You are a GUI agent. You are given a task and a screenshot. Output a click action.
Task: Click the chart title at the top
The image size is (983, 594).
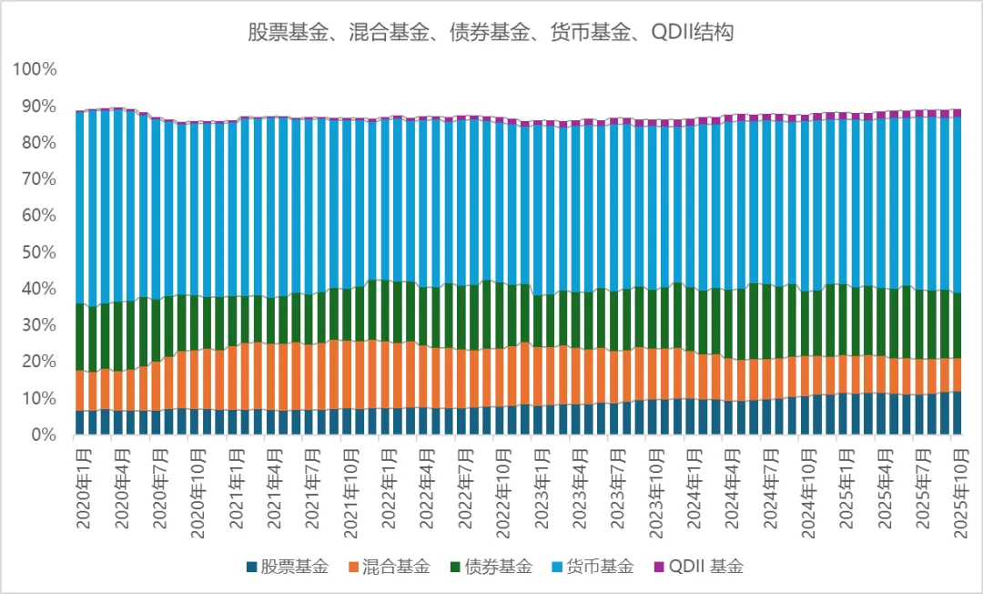491,34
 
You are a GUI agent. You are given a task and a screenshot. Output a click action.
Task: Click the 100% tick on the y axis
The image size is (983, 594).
35,69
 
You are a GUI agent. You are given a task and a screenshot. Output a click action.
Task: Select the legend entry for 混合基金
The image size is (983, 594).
389,567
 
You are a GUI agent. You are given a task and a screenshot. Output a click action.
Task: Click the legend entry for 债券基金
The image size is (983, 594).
491,567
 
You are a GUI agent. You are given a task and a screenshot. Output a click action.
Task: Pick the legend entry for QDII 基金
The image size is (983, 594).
698,567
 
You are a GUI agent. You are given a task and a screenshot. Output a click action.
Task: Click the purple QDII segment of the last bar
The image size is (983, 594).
956,113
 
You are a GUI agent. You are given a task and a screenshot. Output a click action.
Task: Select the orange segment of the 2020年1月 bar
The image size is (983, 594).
80,391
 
